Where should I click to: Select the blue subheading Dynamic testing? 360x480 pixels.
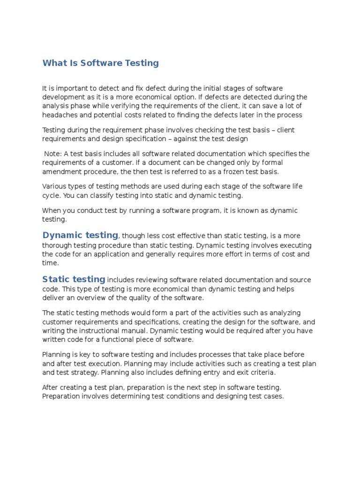tap(80, 235)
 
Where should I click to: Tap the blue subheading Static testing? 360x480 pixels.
tap(74, 279)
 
